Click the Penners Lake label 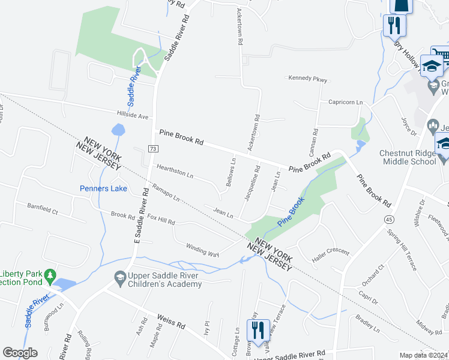pyautogui.click(x=103, y=188)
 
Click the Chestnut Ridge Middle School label pyautogui.click(x=408, y=157)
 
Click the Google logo pyautogui.click(x=20, y=353)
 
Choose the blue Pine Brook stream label pyautogui.click(x=291, y=211)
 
